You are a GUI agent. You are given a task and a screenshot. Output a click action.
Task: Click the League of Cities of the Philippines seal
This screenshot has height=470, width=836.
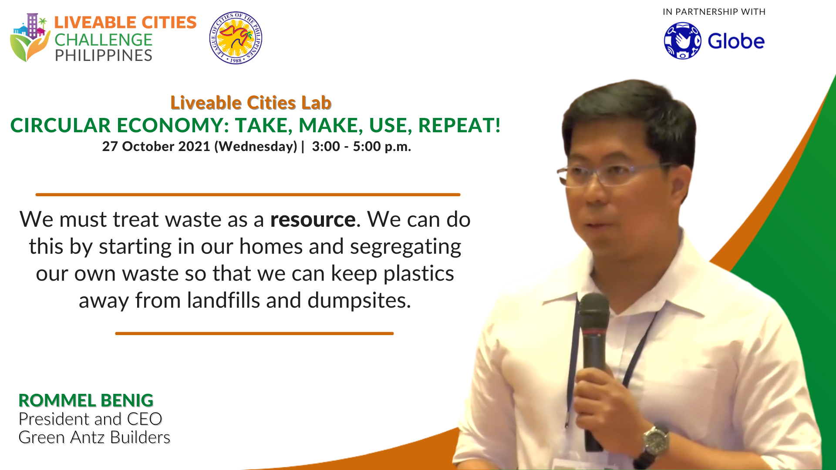point(236,38)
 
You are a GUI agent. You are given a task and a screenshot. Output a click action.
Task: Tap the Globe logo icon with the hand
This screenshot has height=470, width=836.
point(682,41)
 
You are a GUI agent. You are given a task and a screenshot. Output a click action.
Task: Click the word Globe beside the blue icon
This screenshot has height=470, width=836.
point(736,41)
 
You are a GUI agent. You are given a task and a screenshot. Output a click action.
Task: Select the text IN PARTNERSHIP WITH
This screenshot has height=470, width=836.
point(714,12)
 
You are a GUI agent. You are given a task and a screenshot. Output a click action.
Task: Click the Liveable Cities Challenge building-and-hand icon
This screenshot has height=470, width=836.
point(30,37)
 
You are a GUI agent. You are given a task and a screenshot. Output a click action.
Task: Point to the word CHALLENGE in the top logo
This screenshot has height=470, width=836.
point(103,40)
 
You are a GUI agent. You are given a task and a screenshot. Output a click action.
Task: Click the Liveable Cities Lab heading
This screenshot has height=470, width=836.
point(251,103)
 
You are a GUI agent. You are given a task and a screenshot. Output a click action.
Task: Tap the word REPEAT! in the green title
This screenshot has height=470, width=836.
point(459,125)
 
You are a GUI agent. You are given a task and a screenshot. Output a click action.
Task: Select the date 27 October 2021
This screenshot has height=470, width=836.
point(156,146)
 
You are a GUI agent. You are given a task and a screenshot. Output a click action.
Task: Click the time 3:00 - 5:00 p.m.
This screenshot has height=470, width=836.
point(361,146)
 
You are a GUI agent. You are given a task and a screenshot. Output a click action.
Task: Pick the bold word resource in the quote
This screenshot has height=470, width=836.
point(313,219)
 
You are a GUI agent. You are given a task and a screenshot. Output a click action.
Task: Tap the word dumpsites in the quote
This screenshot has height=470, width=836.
point(359,301)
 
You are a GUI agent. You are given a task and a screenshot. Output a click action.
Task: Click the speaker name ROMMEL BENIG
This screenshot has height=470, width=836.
point(86,400)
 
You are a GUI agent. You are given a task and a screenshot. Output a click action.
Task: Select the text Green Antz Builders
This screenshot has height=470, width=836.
point(94,437)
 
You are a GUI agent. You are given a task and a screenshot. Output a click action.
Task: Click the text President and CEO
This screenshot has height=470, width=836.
point(90,419)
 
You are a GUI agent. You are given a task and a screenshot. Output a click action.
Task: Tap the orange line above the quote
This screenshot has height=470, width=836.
point(248,195)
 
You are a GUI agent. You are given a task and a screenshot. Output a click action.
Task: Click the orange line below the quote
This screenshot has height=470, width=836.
point(254,333)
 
